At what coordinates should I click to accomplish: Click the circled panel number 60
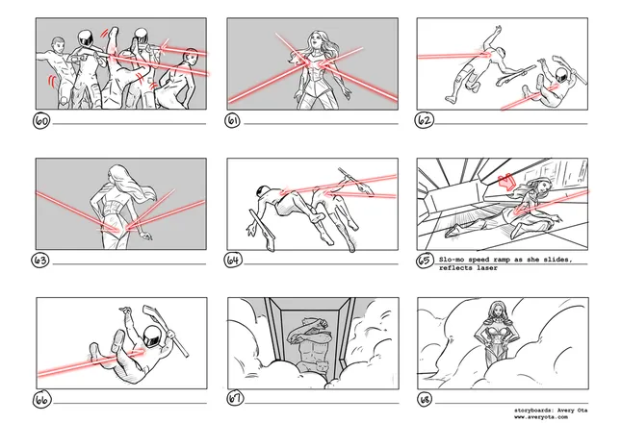(x=41, y=120)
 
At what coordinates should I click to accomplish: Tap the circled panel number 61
(x=233, y=120)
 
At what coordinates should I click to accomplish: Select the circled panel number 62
(x=425, y=120)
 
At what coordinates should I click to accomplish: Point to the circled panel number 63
(x=40, y=261)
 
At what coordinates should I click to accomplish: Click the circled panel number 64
(x=233, y=260)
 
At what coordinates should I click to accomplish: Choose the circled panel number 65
(x=425, y=261)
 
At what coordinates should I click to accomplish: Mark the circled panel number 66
(x=41, y=399)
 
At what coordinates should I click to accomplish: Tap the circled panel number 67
(x=235, y=399)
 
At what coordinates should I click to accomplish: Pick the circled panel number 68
(x=425, y=400)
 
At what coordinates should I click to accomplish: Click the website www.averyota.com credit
(x=541, y=416)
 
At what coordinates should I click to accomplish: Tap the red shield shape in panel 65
(x=506, y=182)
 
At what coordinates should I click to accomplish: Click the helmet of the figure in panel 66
(x=152, y=336)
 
